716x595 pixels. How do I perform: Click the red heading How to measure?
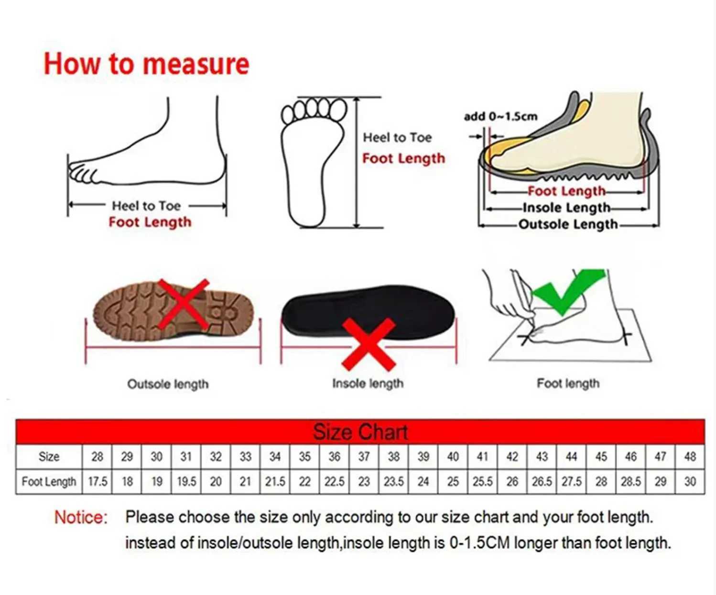click(146, 64)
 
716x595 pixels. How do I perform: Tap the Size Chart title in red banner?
click(360, 432)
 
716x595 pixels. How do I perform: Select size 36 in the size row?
click(334, 457)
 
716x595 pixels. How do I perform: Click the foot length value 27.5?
click(571, 482)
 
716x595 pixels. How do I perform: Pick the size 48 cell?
click(690, 457)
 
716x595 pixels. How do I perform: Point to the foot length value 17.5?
click(97, 482)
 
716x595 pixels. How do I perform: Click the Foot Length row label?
click(49, 482)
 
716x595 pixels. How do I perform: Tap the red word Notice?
click(81, 518)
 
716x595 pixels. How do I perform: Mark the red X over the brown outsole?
click(184, 305)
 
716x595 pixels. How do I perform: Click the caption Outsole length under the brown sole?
click(168, 384)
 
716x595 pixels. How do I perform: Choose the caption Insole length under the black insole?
click(368, 384)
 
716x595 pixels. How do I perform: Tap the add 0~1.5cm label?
click(500, 117)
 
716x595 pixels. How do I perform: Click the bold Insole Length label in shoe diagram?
click(566, 208)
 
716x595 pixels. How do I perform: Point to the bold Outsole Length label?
click(568, 224)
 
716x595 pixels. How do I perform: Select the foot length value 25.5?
click(482, 482)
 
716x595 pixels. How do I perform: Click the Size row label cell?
click(49, 457)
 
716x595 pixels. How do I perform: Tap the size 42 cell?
click(512, 457)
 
